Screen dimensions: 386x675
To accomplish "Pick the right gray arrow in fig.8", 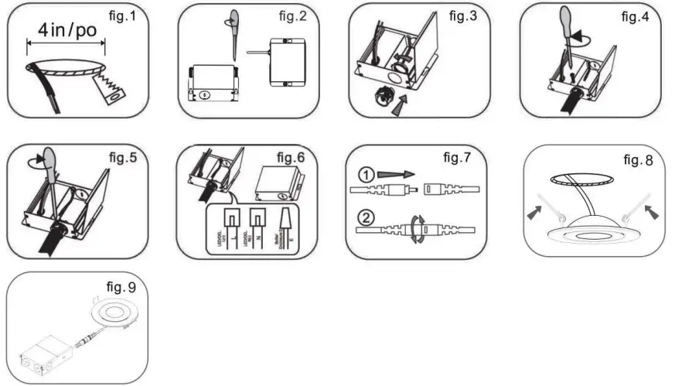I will [650, 210].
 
